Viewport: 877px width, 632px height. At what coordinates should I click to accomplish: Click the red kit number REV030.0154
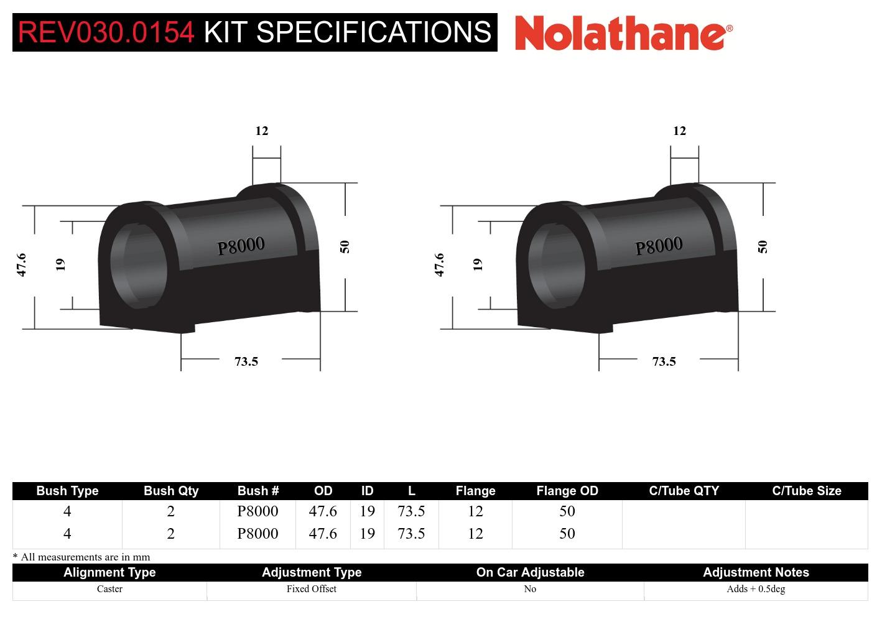point(106,32)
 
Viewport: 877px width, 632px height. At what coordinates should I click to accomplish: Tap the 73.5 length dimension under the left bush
point(246,361)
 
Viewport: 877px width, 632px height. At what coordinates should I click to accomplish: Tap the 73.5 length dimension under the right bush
point(664,361)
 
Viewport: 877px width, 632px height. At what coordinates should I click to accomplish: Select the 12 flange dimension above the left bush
point(262,131)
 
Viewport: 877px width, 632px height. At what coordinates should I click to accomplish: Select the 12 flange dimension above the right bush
point(679,131)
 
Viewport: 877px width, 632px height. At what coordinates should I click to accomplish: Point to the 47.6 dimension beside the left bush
point(22,264)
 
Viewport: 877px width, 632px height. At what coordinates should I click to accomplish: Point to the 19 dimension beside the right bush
point(478,264)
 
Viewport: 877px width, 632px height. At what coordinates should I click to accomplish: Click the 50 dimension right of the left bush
point(345,246)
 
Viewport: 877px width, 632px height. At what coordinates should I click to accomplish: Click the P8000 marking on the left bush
point(241,246)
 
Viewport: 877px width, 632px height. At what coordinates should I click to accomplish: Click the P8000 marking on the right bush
point(659,246)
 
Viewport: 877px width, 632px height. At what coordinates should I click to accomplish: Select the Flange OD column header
point(567,491)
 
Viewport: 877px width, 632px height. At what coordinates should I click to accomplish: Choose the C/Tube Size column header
point(806,491)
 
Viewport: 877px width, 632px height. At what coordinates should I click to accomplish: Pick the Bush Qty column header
point(170,491)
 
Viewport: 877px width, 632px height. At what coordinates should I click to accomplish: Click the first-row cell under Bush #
point(258,511)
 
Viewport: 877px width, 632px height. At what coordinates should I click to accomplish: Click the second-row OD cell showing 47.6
point(323,534)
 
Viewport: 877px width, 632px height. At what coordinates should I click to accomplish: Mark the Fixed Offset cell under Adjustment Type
point(311,589)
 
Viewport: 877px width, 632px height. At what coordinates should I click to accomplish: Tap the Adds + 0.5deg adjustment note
point(755,589)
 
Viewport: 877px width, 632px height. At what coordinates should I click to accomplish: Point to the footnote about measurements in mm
point(81,557)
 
